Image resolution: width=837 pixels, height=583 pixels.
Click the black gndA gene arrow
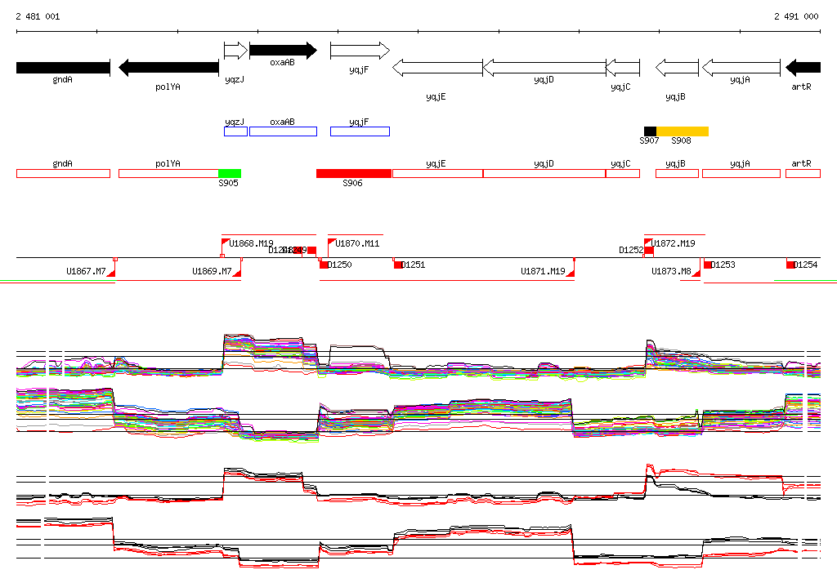click(x=62, y=68)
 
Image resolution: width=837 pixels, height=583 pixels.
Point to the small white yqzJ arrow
click(x=235, y=51)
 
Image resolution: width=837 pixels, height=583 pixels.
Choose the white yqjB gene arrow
click(x=677, y=68)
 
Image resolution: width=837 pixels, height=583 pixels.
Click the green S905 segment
click(x=230, y=173)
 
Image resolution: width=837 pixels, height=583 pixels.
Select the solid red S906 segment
click(x=354, y=173)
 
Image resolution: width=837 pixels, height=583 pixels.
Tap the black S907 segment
click(x=650, y=131)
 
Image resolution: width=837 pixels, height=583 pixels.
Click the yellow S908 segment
click(x=683, y=131)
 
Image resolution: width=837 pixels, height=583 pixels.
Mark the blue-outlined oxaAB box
click(x=283, y=131)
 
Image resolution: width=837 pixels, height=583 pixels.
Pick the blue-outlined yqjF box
click(x=360, y=131)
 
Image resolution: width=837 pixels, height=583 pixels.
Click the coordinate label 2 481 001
click(x=38, y=16)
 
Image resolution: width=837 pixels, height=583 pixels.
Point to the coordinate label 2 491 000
click(x=796, y=16)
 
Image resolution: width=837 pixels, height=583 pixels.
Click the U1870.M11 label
click(x=357, y=243)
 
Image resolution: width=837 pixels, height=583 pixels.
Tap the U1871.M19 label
click(x=543, y=271)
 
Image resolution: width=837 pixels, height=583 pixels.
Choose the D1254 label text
click(x=806, y=265)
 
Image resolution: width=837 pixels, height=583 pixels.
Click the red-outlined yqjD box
click(x=544, y=173)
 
